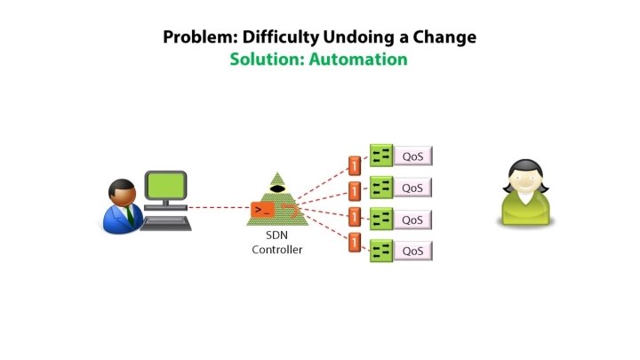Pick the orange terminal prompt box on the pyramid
(262, 210)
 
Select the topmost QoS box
(412, 157)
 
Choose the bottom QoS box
(412, 251)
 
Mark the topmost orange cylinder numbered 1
(355, 164)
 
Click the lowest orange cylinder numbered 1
(355, 242)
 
